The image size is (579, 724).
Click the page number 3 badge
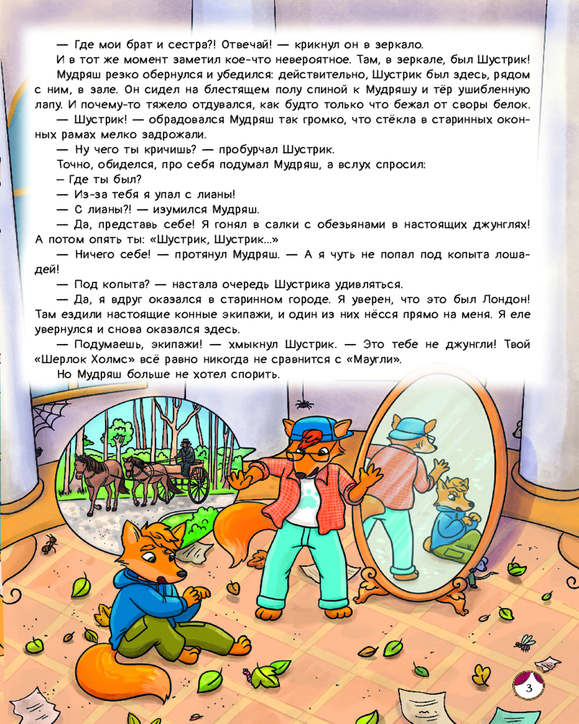(529, 686)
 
